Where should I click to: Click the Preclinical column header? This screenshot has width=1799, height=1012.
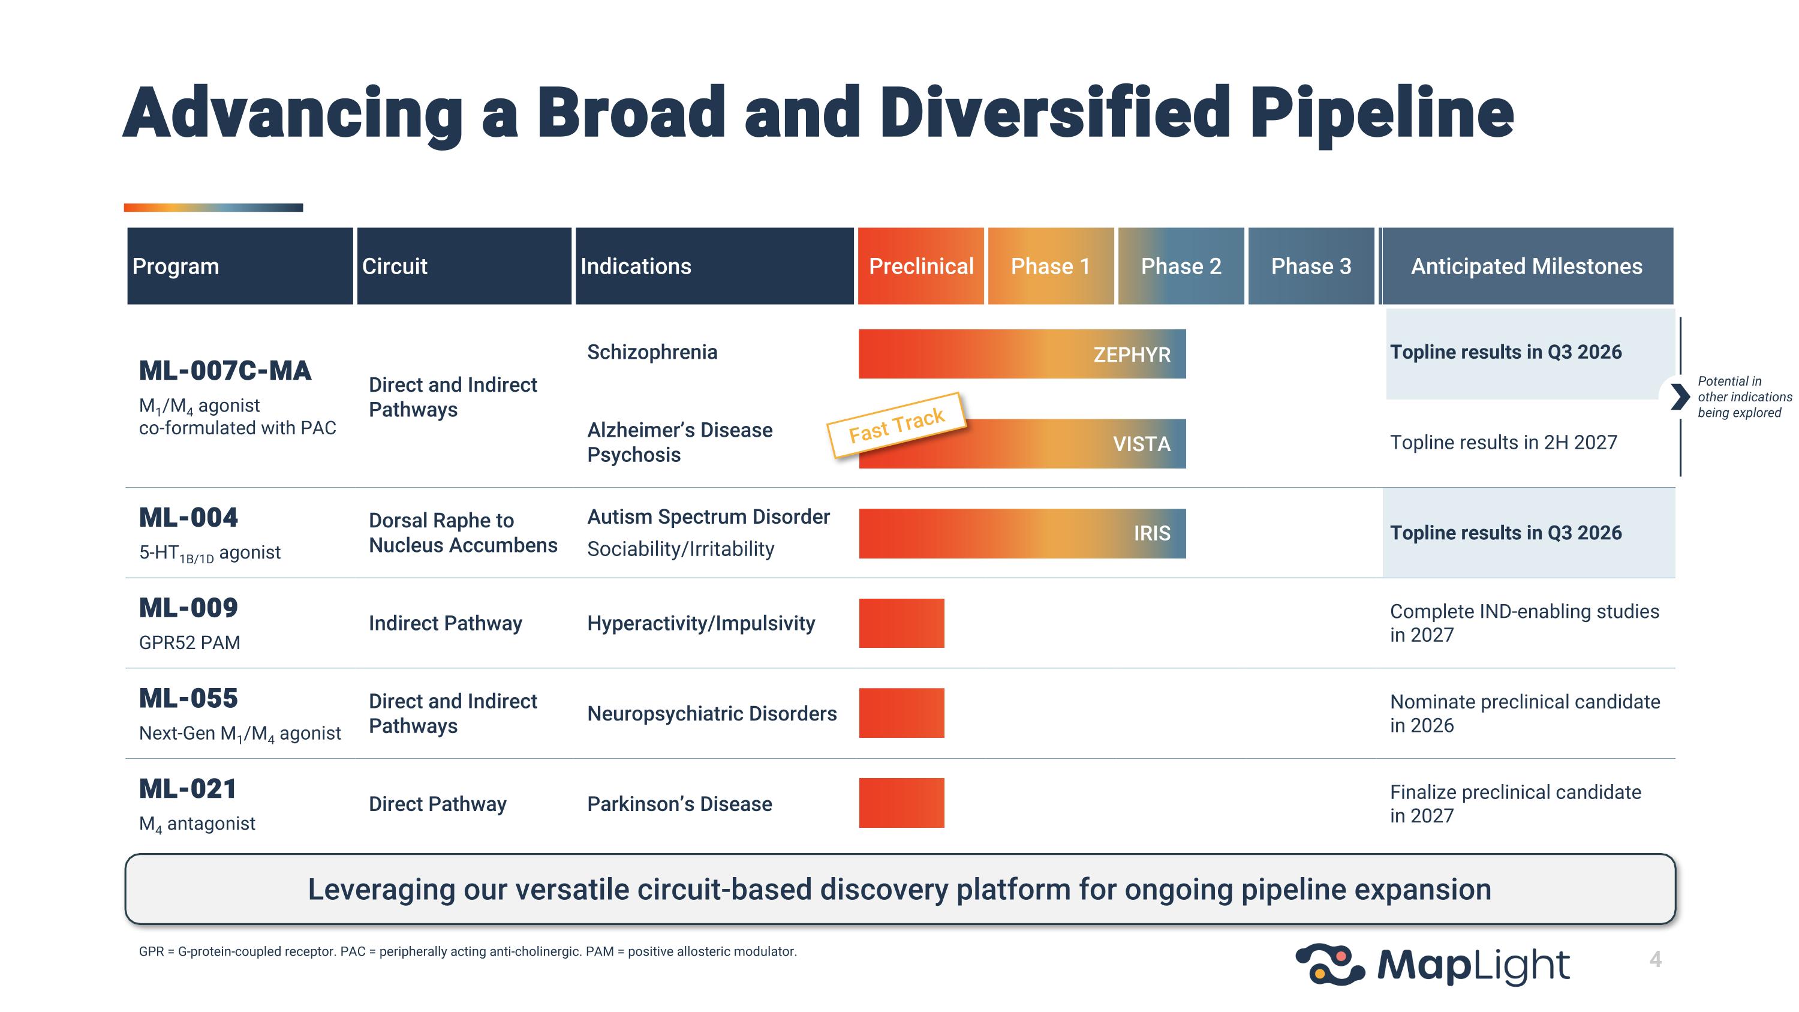pyautogui.click(x=920, y=266)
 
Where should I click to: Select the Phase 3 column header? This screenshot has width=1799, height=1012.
pyautogui.click(x=1310, y=266)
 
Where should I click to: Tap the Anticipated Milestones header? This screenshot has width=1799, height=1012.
pyautogui.click(x=1526, y=266)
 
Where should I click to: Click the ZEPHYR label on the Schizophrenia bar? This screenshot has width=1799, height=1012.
pyautogui.click(x=1132, y=355)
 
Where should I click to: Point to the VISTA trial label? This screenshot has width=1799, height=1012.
pyautogui.click(x=1141, y=444)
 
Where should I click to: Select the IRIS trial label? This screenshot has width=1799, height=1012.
pyautogui.click(x=1151, y=533)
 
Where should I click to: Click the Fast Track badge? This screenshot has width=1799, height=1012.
pyautogui.click(x=896, y=425)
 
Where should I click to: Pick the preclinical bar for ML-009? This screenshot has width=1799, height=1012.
pyautogui.click(x=901, y=623)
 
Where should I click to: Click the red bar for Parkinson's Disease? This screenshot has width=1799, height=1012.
pyautogui.click(x=901, y=803)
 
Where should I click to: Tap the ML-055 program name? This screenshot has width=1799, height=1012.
pyautogui.click(x=188, y=698)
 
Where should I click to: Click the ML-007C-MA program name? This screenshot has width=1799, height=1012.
pyautogui.click(x=225, y=371)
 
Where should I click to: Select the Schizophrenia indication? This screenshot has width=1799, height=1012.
pyautogui.click(x=652, y=352)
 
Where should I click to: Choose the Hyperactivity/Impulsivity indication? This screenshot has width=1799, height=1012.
pyautogui.click(x=700, y=623)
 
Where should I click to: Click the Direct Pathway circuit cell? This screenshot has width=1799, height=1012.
pyautogui.click(x=437, y=804)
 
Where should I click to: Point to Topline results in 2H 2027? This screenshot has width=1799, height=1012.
pyautogui.click(x=1503, y=442)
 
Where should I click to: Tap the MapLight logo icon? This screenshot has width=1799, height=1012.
pyautogui.click(x=1329, y=965)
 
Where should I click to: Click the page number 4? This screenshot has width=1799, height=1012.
pyautogui.click(x=1655, y=960)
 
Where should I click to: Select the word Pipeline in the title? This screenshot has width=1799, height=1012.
pyautogui.click(x=1380, y=113)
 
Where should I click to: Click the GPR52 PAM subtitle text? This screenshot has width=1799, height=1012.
pyautogui.click(x=189, y=642)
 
